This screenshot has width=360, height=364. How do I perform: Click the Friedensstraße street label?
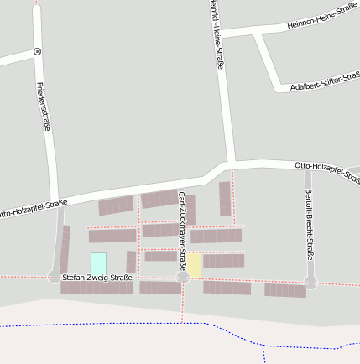44,106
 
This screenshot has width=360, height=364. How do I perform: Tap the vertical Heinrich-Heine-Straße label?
217,34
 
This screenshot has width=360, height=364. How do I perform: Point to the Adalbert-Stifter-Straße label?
325,82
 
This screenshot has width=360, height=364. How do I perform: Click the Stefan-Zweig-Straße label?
97,276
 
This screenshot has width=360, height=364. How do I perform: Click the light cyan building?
98,263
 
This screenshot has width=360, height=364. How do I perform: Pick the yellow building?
194,265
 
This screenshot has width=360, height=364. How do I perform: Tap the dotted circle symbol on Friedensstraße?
38,51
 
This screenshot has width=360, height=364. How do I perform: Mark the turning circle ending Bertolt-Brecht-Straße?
310,283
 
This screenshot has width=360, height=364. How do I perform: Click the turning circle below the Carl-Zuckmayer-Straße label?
182,277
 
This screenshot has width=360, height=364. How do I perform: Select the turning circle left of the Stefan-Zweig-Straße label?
55,276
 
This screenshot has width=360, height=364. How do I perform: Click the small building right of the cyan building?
130,262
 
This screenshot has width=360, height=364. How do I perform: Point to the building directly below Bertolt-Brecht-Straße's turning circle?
285,290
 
